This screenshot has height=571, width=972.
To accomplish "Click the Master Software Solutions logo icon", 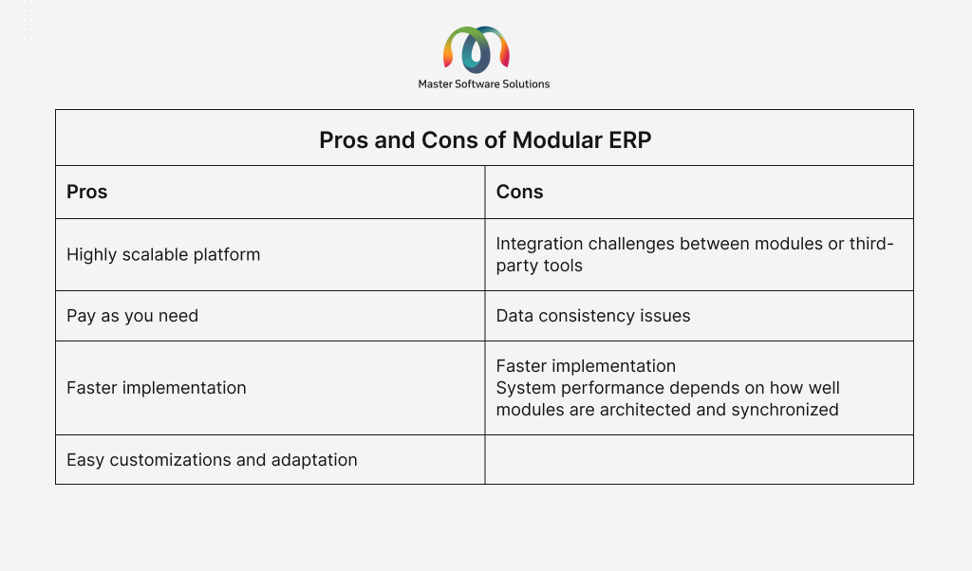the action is [x=477, y=49].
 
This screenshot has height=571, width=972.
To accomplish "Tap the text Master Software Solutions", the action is [x=484, y=84].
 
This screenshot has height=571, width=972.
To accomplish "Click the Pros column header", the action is [x=86, y=192].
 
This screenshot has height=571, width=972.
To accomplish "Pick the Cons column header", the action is [x=519, y=192].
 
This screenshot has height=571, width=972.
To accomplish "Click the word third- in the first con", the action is [x=871, y=244].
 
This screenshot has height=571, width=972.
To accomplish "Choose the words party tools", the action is [x=539, y=266].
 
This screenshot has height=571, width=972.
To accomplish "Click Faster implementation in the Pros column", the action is [x=157, y=388].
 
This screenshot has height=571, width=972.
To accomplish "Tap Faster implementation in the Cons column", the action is [x=586, y=366].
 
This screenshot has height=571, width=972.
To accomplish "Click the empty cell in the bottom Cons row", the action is [x=700, y=459].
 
